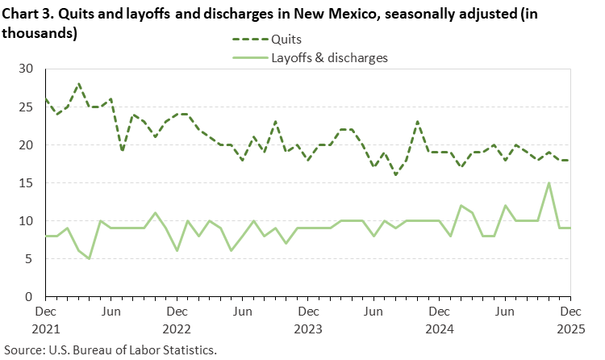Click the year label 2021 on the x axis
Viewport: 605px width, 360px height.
tap(45, 330)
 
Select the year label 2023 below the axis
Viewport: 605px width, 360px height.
tap(307, 330)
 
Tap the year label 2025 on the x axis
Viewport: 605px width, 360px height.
tap(570, 330)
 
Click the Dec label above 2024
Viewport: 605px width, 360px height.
tap(439, 311)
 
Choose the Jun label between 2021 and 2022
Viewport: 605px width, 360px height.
tap(111, 311)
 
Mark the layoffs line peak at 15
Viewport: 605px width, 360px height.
tap(549, 183)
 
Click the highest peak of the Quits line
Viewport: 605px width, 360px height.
tap(78, 84)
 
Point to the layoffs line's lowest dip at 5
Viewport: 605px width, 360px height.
tap(89, 258)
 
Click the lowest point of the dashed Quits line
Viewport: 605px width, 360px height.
tap(395, 175)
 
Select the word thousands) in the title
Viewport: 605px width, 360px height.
tap(40, 33)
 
